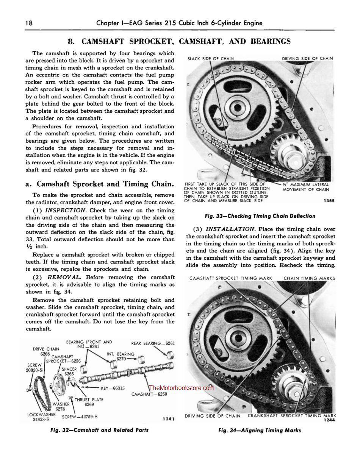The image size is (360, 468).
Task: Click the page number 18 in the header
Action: pyautogui.click(x=29, y=23)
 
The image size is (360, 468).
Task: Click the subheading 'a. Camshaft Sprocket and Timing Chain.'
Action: pyautogui.click(x=100, y=184)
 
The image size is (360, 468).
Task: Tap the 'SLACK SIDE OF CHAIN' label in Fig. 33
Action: pyautogui.click(x=211, y=58)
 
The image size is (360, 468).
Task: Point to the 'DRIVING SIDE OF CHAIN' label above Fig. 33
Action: pyautogui.click(x=307, y=58)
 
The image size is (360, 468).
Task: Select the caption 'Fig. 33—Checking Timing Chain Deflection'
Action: pyautogui.click(x=260, y=216)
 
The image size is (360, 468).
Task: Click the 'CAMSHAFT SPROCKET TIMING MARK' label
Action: pyautogui.click(x=231, y=278)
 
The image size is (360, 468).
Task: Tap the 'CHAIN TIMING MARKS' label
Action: pyautogui.click(x=309, y=278)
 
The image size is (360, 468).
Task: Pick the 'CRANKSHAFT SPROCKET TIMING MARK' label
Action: pyautogui.click(x=292, y=416)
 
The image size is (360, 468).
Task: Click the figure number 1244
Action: pyautogui.click(x=330, y=420)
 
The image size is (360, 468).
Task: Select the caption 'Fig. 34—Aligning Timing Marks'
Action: pyautogui.click(x=260, y=430)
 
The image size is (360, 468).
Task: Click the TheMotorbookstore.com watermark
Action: pyautogui.click(x=182, y=388)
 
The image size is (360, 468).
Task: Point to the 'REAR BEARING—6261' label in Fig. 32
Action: pyautogui.click(x=153, y=343)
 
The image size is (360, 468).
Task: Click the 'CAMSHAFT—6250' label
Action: pyautogui.click(x=149, y=394)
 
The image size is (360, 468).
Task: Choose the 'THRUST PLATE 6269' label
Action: pyautogui.click(x=89, y=402)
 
